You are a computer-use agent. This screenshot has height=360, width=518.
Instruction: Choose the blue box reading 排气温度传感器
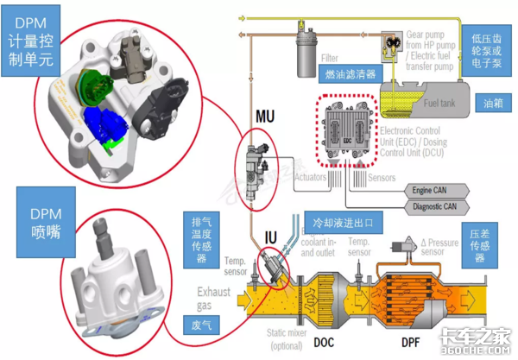202,247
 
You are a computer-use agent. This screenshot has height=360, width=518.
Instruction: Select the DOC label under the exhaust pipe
324,342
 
